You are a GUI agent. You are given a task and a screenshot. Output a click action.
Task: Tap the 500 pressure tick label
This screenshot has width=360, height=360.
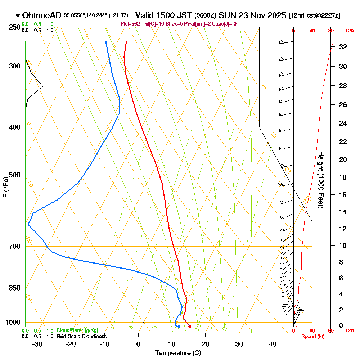tap(14, 175)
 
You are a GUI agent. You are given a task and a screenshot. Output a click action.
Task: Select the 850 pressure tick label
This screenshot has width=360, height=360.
tap(14, 288)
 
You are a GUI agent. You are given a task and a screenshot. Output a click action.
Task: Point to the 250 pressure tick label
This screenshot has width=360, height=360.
tap(14, 27)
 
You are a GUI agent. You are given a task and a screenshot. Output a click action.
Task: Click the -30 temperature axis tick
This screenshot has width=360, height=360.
tap(37, 344)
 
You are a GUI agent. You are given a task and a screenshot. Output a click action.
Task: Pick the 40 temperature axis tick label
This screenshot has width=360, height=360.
tap(273, 344)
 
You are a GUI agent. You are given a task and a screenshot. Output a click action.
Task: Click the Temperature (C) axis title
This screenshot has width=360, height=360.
tap(178, 353)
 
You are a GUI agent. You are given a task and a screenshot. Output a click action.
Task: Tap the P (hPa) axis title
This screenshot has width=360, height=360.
tap(5, 187)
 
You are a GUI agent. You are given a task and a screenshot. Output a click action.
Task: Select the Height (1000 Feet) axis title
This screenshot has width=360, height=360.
tap(320, 180)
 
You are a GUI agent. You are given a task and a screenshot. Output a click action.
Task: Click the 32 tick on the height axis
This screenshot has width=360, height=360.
tap(343, 47)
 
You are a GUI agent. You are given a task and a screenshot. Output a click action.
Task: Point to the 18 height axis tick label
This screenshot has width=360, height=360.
tap(343, 177)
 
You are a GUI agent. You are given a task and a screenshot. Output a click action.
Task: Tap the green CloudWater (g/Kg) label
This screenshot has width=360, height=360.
tap(77, 330)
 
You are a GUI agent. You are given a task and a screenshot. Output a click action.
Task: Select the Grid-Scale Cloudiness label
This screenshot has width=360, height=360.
tap(81, 336)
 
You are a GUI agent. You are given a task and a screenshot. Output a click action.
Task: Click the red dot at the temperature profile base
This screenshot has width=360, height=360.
tap(190, 327)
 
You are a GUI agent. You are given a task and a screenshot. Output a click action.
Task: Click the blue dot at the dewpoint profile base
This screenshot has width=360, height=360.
tap(179, 327)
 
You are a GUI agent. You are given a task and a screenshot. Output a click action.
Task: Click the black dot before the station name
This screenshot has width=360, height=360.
tap(18, 15)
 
